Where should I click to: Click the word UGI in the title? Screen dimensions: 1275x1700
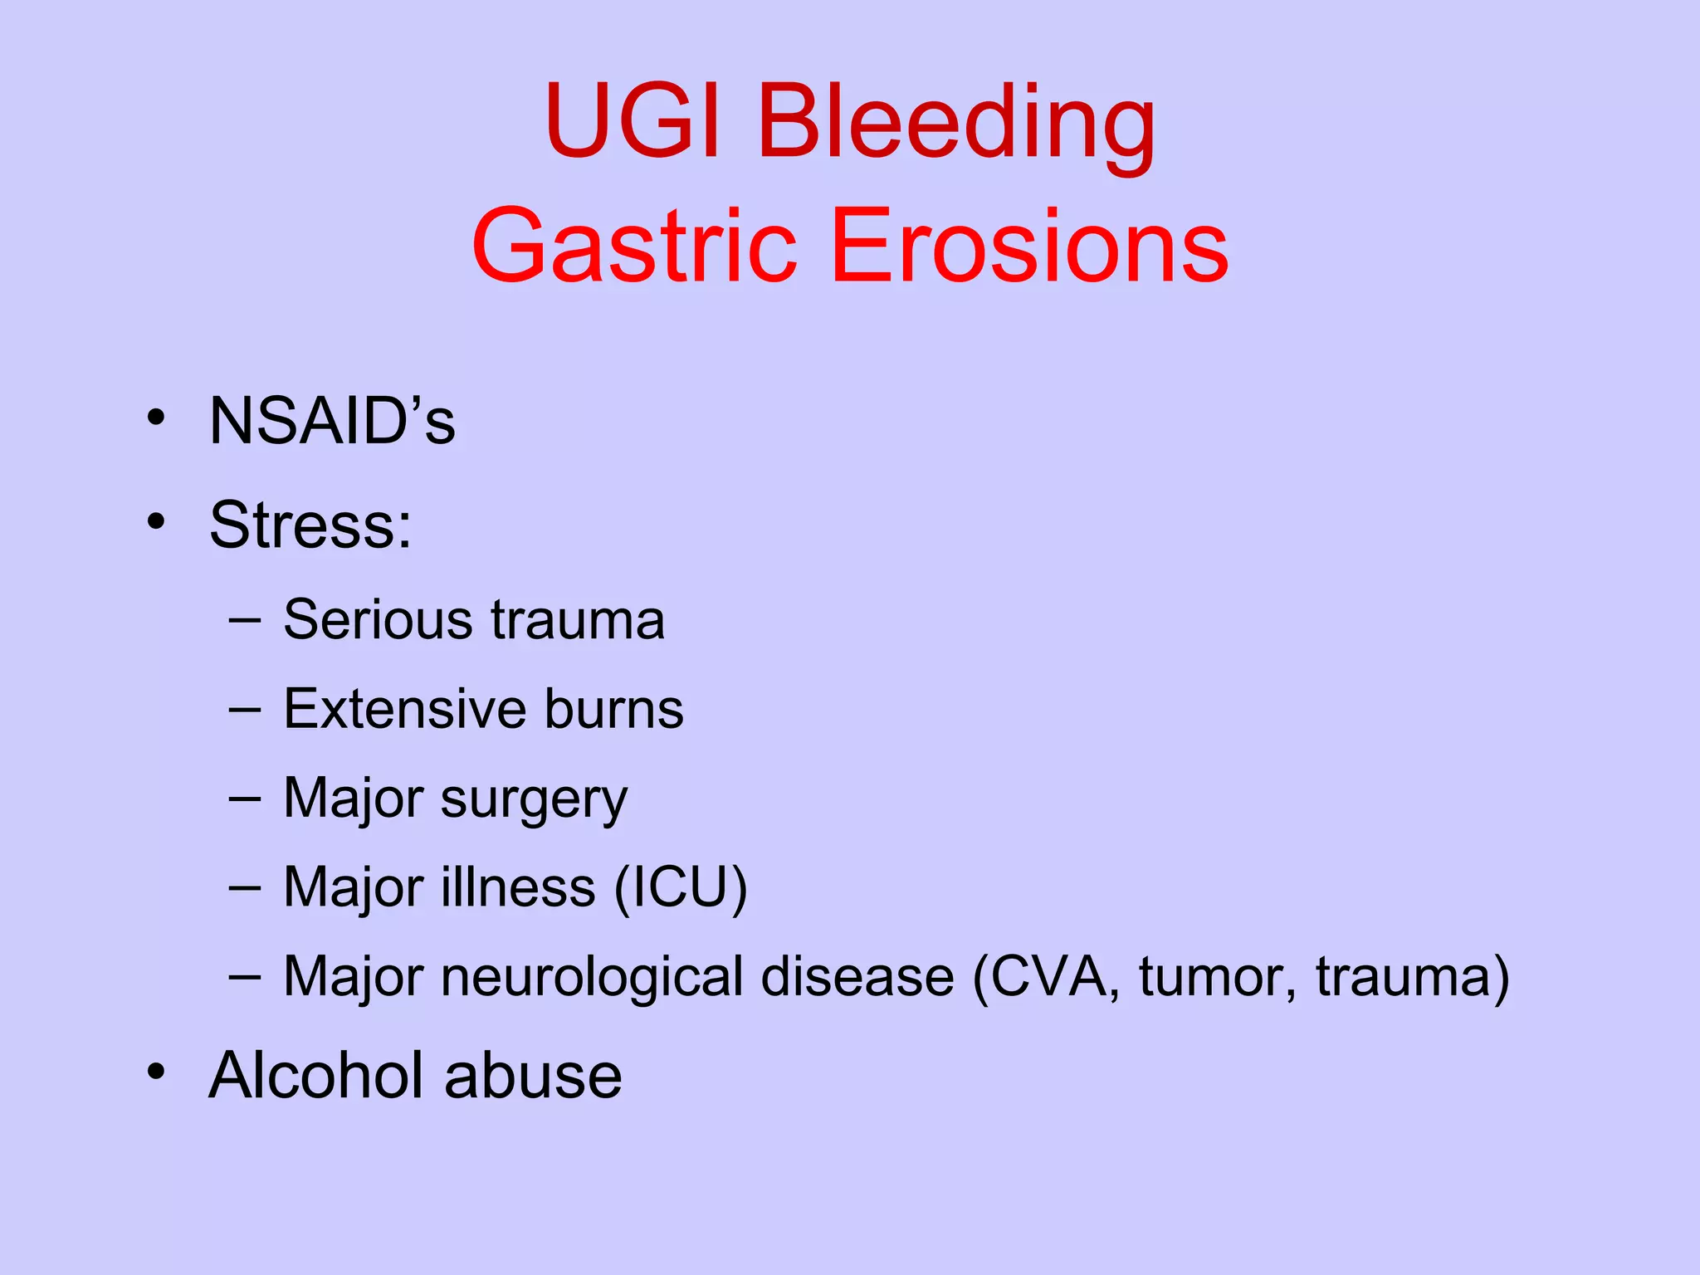[x=635, y=121]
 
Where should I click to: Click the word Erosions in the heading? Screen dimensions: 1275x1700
[x=1028, y=247]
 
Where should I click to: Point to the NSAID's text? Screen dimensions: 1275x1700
[x=332, y=422]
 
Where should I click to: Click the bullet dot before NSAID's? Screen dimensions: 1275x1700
[x=156, y=418]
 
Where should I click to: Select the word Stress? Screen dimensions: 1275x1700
[x=310, y=525]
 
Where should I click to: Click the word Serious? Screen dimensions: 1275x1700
[x=379, y=620]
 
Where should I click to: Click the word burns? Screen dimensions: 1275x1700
[x=614, y=709]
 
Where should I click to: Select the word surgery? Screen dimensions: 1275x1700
[x=534, y=800]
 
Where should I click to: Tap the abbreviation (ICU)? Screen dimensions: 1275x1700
[x=681, y=888]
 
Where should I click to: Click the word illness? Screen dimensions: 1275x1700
[x=518, y=888]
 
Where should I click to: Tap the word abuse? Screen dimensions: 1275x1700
[x=533, y=1076]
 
